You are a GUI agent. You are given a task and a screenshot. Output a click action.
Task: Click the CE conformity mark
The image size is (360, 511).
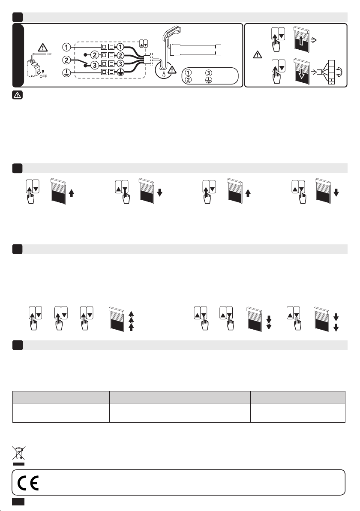point(28,483)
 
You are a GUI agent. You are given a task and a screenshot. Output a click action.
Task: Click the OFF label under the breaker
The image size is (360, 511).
point(43,76)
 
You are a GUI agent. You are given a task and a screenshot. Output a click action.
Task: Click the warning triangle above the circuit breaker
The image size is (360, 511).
point(43,48)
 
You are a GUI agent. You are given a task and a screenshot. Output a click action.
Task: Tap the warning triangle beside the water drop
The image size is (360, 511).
point(172,69)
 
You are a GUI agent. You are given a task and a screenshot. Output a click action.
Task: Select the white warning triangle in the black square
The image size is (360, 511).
point(17,95)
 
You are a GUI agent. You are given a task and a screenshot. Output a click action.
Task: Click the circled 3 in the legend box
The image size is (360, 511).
point(209,73)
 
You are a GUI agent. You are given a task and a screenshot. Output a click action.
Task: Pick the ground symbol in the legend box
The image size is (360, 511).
point(209,79)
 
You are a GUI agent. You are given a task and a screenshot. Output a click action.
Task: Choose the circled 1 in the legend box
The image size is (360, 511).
point(188,73)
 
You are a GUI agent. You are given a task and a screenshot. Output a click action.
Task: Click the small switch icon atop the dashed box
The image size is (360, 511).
point(143,43)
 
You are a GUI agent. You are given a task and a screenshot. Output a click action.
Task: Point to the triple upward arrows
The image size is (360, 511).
point(131,321)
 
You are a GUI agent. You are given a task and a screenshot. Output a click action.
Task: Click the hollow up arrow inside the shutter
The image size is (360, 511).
point(301,41)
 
